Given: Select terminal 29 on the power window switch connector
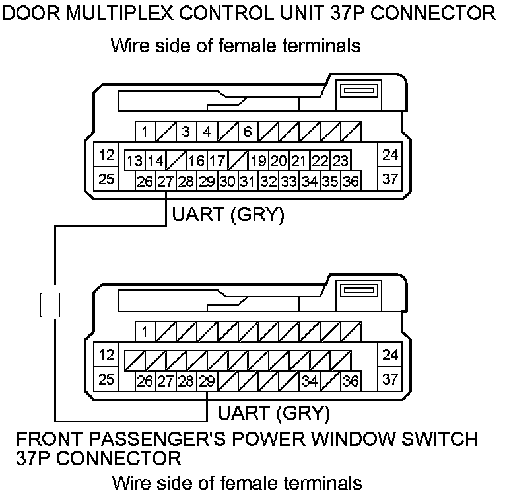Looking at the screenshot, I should click(x=207, y=381).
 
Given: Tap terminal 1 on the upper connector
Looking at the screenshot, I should click(x=145, y=132).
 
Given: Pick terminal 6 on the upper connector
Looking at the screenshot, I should click(x=247, y=132).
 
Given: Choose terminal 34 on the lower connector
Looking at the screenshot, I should click(x=310, y=381).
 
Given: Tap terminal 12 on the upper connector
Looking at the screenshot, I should click(x=106, y=156).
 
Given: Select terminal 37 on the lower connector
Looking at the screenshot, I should click(x=390, y=379).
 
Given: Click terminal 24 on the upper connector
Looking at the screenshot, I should click(x=390, y=155).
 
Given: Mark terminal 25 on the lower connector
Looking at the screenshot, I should click(x=106, y=379).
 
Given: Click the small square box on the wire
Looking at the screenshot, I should click(x=50, y=305).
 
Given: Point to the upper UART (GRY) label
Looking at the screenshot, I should click(x=228, y=215).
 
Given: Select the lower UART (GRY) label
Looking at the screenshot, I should click(x=273, y=414).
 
